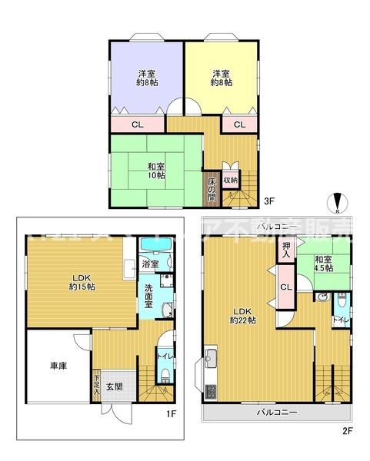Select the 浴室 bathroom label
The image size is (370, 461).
pos(151,264)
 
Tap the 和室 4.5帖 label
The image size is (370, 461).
pos(323,264)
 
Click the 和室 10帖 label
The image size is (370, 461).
pos(156,170)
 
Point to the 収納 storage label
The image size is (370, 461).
pos(229,180)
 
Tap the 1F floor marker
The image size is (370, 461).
pos(172,414)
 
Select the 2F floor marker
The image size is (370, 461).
pos(347,429)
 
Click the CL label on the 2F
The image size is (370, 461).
pos(286,287)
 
